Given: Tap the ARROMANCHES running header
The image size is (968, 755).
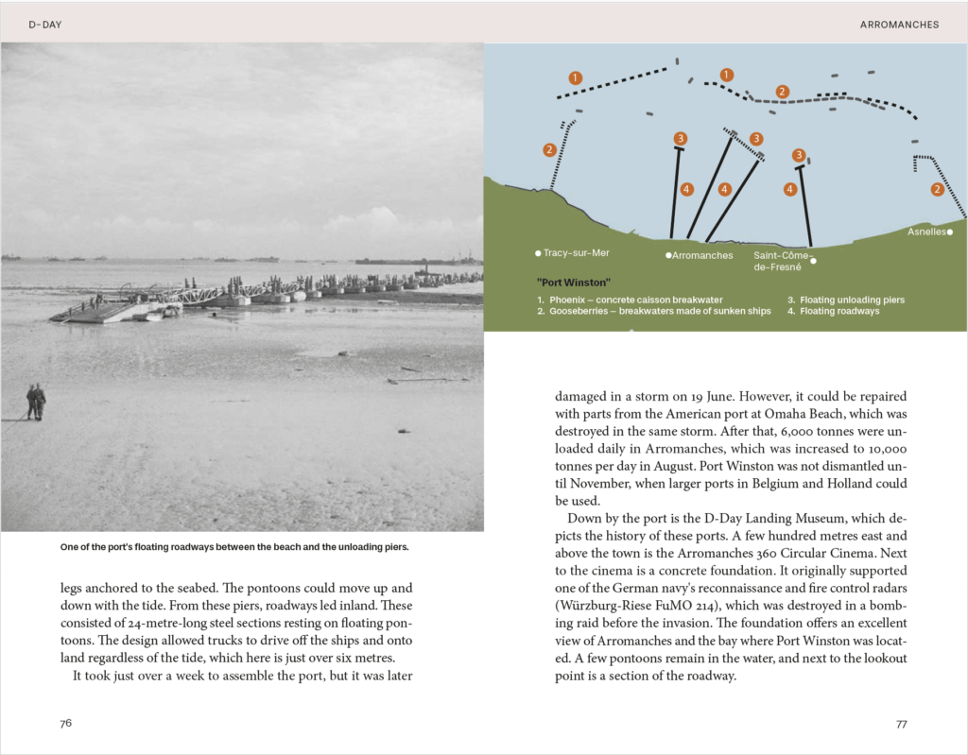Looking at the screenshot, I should (899, 25).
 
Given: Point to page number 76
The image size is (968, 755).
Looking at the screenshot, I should (66, 724).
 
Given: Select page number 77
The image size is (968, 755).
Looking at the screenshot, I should (901, 724).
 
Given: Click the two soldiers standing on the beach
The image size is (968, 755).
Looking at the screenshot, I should (36, 401).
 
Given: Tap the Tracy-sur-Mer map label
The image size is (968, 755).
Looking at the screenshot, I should (576, 253).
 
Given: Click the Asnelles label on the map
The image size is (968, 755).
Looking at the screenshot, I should (926, 232).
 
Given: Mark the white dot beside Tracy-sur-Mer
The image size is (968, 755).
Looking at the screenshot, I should (538, 253).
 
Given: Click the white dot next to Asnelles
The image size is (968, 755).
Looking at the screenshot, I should (949, 232).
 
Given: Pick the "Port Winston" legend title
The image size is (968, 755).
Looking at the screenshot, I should (573, 283).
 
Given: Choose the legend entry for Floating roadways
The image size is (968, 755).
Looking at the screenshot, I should (839, 311).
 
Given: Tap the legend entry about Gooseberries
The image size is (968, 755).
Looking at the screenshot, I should (660, 311).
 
